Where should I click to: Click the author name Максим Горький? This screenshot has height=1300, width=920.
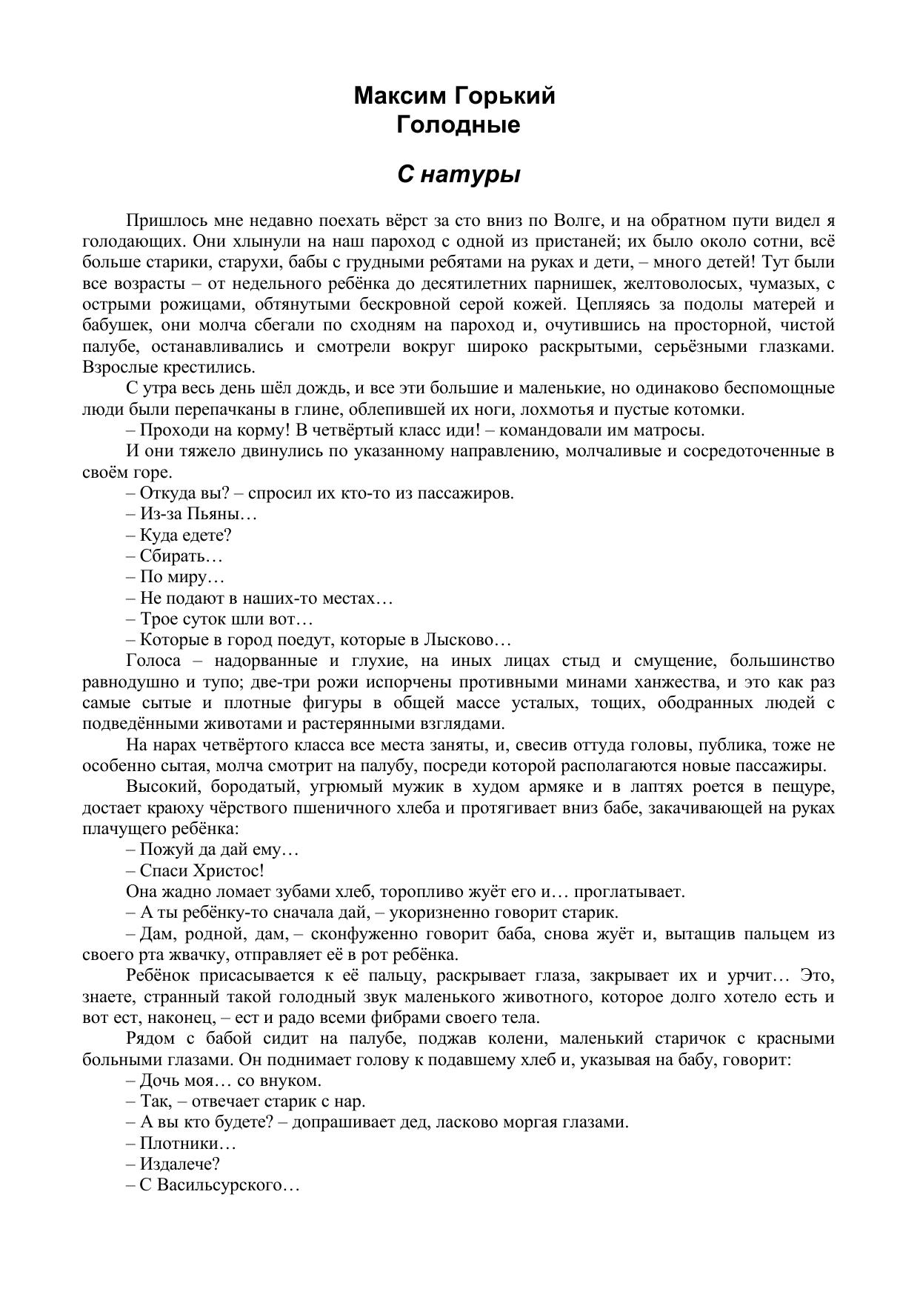coord(454,96)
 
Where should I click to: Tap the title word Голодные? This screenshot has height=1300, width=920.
coord(458,124)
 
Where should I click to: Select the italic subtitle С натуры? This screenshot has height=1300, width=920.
coord(459,174)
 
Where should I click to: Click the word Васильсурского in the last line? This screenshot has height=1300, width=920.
coord(219,1184)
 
